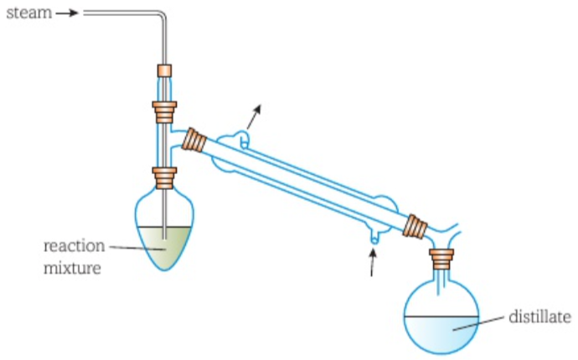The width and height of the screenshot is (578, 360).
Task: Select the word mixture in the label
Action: point(73,269)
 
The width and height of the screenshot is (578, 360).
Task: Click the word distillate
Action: point(540,317)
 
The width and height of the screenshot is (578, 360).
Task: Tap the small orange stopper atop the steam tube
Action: point(164,71)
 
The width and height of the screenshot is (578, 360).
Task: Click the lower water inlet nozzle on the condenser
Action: point(374,239)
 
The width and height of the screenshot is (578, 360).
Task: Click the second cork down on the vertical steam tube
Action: point(164,110)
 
